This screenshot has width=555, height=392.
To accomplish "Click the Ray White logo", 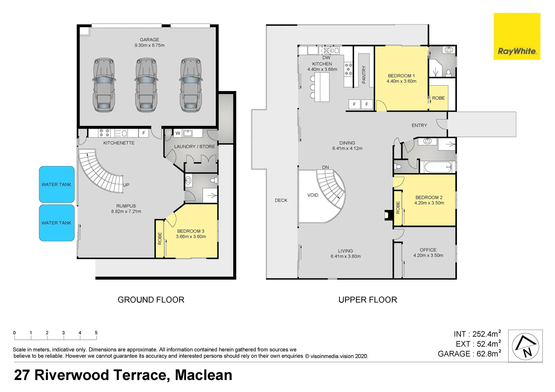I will point(516,36).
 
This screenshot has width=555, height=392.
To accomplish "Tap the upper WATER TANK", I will point(57,184).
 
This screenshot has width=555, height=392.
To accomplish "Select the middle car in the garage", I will point(146,85).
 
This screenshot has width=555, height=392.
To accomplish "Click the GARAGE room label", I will point(149,40).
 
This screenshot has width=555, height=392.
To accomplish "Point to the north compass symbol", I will point(525,346).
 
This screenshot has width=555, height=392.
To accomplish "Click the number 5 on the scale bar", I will point(96,332).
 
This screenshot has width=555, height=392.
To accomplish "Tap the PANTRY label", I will point(364,74).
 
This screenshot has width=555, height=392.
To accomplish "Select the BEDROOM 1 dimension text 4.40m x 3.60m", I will point(401,81).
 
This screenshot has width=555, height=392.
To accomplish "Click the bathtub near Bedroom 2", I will point(438,167).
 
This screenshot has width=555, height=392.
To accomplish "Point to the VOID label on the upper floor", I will point(313,195).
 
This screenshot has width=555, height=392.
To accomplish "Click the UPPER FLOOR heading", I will point(368,299).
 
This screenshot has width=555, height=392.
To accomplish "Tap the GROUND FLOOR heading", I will point(151,299).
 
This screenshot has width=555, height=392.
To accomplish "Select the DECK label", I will point(281,200).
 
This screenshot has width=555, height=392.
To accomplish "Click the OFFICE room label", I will point(428,250).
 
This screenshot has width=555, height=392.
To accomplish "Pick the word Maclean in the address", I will point(203,375).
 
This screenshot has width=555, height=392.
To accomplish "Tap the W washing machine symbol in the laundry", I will point(178,133).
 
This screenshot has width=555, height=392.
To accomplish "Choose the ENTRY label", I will point(419,125).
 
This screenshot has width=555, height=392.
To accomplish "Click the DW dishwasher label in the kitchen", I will point(326,58).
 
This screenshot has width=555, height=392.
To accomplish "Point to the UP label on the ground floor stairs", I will point(126,185).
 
